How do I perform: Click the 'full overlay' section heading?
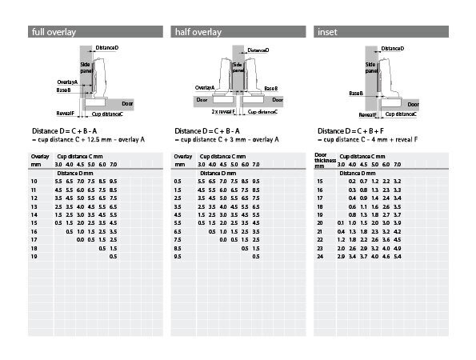(x=54, y=32)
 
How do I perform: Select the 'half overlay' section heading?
(x=198, y=32)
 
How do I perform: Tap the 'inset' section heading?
(x=327, y=32)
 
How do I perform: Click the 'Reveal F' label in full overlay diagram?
(x=66, y=114)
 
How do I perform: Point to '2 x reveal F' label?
(x=223, y=112)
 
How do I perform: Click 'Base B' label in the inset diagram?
(x=356, y=93)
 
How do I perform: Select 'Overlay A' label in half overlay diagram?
(x=205, y=88)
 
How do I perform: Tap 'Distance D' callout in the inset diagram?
(x=393, y=49)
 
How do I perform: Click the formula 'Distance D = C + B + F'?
(x=350, y=131)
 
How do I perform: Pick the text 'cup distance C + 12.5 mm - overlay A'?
(x=91, y=140)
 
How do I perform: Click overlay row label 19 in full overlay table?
(x=34, y=257)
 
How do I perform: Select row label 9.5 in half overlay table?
(x=178, y=257)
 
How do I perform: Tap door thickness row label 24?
(x=320, y=257)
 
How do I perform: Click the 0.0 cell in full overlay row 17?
(x=80, y=240)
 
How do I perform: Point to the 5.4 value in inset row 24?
(x=397, y=257)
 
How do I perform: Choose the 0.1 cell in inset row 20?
(x=341, y=222)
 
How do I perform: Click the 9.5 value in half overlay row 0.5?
(x=256, y=182)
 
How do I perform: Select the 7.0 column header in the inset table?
(x=397, y=165)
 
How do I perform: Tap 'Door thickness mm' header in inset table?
(x=325, y=160)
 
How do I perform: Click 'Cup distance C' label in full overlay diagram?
(x=107, y=114)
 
